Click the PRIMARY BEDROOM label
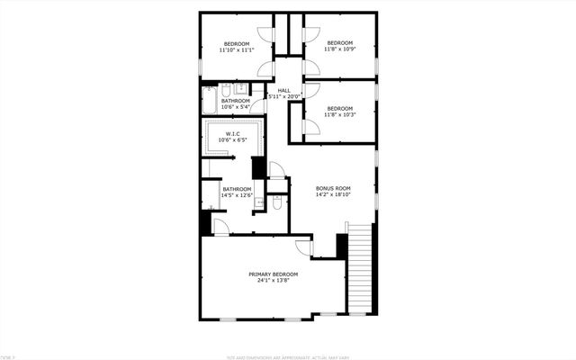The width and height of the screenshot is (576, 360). pos(273,274)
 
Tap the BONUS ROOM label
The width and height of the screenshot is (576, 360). pos(332,188)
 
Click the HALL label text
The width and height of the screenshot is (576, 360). pos(284,90)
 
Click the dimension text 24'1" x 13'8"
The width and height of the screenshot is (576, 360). pos(273,280)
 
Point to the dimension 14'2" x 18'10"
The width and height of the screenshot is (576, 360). pos(332,194)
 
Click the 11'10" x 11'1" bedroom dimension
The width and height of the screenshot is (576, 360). pos(237,49)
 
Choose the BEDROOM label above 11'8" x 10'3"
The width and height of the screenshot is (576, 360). pos(340,109)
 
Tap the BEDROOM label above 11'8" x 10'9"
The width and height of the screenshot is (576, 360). pos(339,43)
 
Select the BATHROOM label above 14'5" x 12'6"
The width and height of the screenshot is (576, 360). pos(236,189)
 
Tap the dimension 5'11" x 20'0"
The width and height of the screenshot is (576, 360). pos(284,96)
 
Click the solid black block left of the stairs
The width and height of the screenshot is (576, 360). pos(342,246)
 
